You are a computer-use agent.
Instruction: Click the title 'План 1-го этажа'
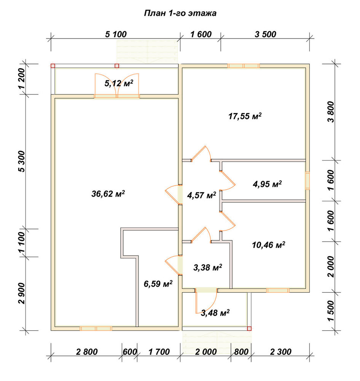pos(180,13)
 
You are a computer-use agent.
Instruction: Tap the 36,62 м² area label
pos(108,194)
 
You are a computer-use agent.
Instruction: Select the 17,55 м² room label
pos(245,116)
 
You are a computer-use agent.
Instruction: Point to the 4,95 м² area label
pos(267,184)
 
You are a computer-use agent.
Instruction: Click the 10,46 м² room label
pos(269,245)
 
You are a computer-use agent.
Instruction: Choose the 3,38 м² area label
pos(207,267)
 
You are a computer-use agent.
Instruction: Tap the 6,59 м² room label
pos(158,283)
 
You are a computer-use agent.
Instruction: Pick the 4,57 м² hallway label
pos(201,195)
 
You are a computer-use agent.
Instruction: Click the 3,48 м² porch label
pos(215,313)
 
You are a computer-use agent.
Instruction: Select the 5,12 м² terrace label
pos(119,83)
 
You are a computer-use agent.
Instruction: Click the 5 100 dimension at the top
pos(116,34)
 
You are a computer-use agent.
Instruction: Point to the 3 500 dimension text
pos(265,34)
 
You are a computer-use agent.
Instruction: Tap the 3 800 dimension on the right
pos(331,112)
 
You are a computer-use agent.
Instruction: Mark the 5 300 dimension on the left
pos(22,161)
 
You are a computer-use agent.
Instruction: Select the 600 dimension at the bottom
pos(130,352)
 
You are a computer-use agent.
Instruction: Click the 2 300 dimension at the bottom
pos(280,352)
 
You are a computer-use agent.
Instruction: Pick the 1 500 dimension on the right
pos(331,311)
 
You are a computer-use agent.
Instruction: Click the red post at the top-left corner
pos(53,66)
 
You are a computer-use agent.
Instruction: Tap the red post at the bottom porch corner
pos(249,328)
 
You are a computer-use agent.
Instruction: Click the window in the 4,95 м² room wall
pos(307,181)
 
